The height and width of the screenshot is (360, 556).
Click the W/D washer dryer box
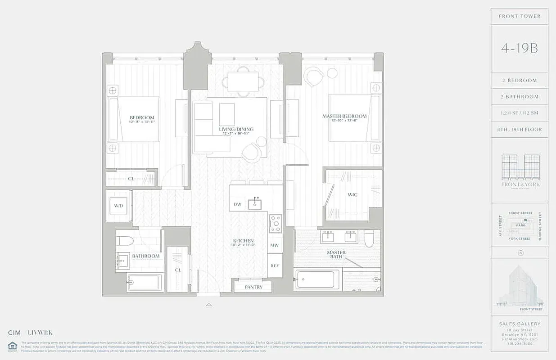coord(119,206)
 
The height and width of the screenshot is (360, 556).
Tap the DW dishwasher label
coord(237,204)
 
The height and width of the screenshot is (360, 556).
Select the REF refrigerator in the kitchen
coord(275,266)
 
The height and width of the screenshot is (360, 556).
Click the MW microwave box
coord(275,246)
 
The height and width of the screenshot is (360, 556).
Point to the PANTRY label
coord(253,287)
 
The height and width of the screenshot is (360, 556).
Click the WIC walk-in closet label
coord(353,195)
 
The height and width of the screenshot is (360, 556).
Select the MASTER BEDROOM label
coord(344,116)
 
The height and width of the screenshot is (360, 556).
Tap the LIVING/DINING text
coord(236,129)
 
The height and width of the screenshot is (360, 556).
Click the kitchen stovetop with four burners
coord(275,223)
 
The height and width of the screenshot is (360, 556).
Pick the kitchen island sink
coord(255,204)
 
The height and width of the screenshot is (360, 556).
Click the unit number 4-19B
coord(519,48)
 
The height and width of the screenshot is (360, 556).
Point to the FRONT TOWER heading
coord(520,16)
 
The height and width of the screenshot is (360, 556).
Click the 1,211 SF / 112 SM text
coord(520,113)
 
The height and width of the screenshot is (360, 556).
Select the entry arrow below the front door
coord(208,305)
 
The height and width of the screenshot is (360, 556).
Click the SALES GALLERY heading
coord(520,324)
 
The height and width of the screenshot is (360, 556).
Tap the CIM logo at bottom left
coord(14,333)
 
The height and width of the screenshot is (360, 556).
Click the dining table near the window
coord(243,82)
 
